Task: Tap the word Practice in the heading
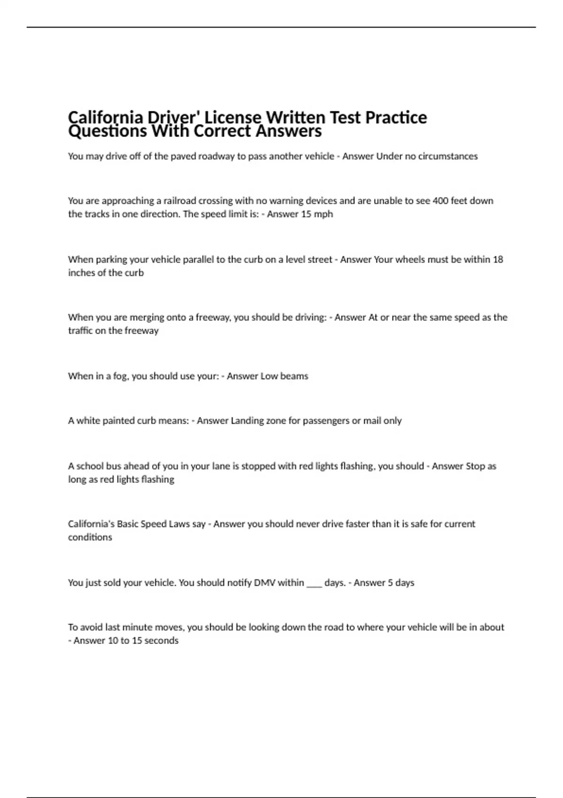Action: point(396,117)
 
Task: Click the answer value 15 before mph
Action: point(306,214)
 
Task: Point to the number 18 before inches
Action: point(498,260)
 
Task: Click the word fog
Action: point(121,376)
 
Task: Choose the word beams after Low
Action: point(294,376)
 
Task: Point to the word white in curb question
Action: point(88,421)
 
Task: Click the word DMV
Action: point(265,583)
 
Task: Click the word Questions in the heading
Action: point(107,131)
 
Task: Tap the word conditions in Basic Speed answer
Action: point(90,537)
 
